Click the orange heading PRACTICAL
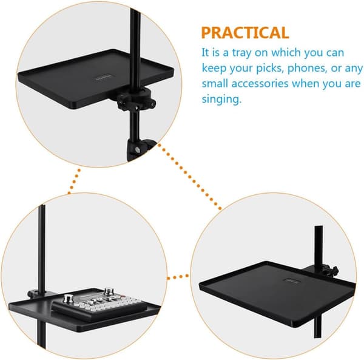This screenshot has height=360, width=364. (x=245, y=33)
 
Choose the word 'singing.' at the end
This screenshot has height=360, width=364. (x=221, y=99)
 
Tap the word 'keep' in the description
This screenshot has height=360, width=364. (x=214, y=69)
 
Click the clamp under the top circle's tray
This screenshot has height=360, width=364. (x=136, y=99)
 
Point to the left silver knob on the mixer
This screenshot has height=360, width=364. (x=67, y=299)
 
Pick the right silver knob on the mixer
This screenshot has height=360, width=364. (x=109, y=291)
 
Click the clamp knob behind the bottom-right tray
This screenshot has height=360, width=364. (x=334, y=270)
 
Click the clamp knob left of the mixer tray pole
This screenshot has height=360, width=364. (x=33, y=294)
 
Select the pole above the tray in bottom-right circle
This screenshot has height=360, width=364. (x=318, y=247)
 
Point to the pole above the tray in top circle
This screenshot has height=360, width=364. (x=135, y=47)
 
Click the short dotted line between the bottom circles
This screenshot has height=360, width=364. (x=178, y=277)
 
